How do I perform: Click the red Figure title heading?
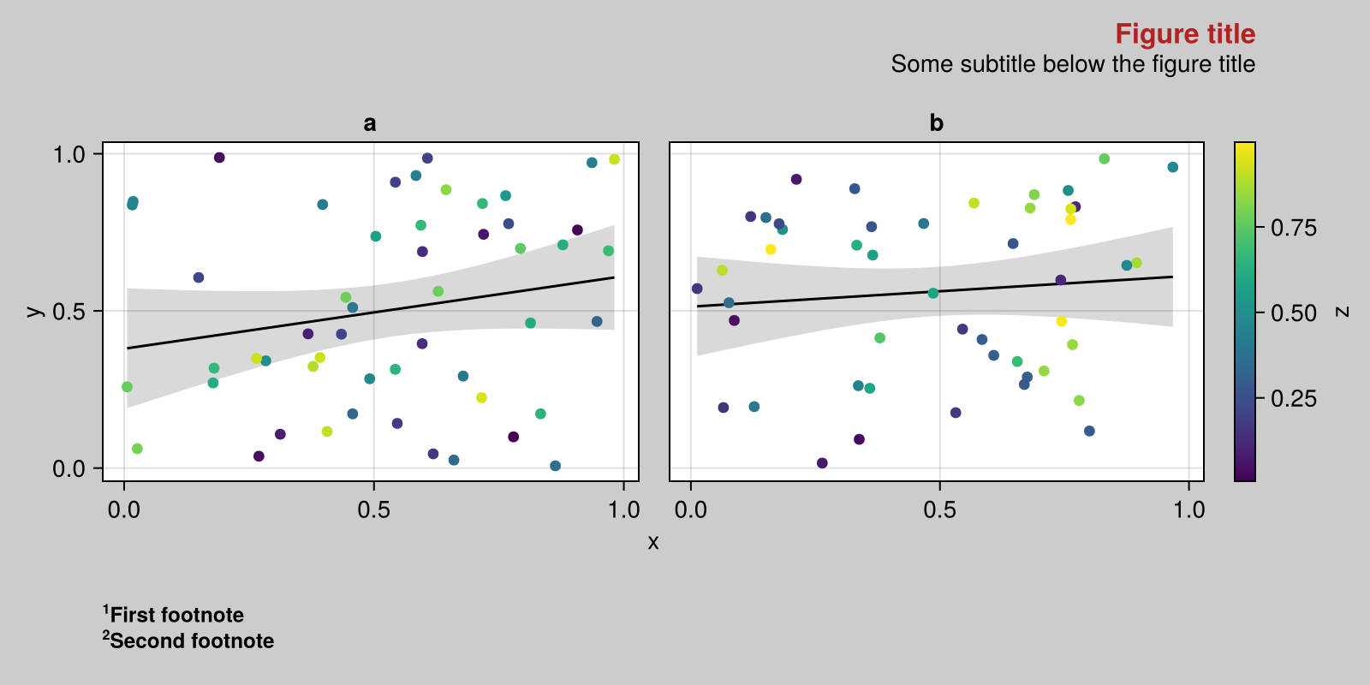coord(1184,34)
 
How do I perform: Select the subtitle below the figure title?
coord(1072,64)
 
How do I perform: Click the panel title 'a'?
coord(370,123)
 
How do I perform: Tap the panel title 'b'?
coord(936,123)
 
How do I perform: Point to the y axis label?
coord(33,311)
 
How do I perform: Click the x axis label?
coord(653,542)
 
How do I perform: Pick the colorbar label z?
coord(1343,312)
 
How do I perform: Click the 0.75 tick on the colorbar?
coord(1293,228)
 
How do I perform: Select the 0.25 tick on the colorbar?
coord(1293,398)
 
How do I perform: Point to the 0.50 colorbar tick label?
coord(1293,313)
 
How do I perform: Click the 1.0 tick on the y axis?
coord(69,154)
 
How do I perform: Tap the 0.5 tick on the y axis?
coord(69,311)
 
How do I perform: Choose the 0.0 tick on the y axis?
coord(69,468)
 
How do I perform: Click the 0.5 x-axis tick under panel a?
coord(373,510)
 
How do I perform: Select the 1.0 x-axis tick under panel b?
coord(1188,510)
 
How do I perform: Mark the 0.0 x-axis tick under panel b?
coord(690,510)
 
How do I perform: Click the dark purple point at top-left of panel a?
coord(219,158)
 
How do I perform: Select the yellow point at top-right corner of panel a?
coord(614,159)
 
